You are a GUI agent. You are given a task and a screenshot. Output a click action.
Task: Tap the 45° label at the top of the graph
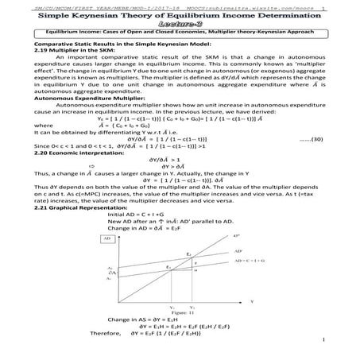point(237,236)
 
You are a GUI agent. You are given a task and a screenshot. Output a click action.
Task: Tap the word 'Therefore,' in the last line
point(83,335)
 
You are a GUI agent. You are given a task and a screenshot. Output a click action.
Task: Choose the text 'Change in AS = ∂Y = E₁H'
point(153,319)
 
